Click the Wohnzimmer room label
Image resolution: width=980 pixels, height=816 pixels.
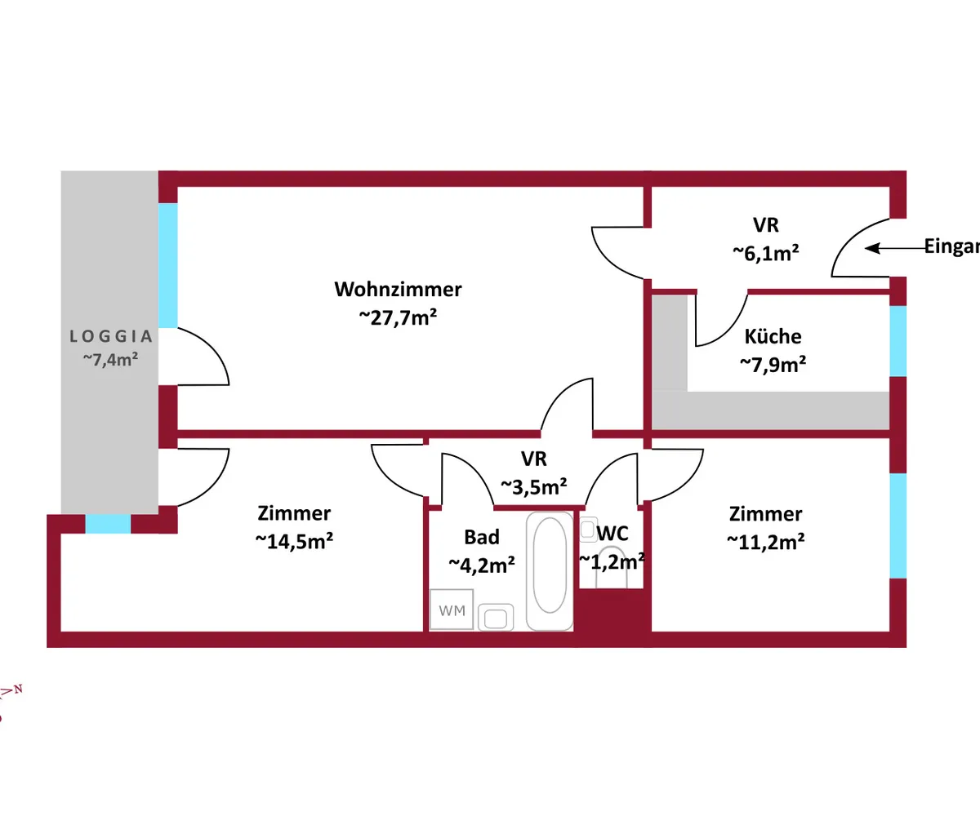398,290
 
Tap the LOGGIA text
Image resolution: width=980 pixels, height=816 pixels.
111,335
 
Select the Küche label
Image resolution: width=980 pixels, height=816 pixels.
773,336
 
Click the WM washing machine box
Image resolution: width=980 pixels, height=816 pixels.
452,610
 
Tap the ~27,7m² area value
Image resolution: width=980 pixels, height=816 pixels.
398,318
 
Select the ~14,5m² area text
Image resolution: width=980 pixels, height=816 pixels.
293,541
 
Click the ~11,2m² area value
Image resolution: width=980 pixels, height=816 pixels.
765,541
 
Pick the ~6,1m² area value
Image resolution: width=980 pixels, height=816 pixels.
764,254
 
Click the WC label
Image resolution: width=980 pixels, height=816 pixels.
612,534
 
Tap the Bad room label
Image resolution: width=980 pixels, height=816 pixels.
482,537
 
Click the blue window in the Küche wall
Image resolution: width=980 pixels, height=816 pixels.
898,340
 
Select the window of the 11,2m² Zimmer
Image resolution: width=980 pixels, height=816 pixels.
898,526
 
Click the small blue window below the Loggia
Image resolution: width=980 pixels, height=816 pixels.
108,524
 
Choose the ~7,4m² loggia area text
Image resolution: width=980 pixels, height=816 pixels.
109,359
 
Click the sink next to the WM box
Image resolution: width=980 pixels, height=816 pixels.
496,618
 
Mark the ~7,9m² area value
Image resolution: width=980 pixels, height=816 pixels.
773,364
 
